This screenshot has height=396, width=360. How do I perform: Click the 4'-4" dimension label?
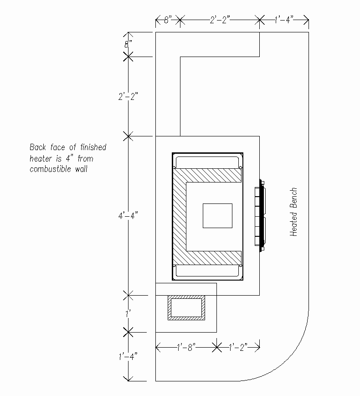128,215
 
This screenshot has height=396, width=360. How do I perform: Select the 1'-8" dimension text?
186,347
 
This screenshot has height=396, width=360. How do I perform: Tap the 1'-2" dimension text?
238,347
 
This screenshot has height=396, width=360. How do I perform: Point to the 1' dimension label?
128,314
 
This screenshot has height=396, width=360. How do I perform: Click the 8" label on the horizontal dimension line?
168,20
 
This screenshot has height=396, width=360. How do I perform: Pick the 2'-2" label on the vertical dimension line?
128,96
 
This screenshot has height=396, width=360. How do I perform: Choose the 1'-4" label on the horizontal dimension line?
284,20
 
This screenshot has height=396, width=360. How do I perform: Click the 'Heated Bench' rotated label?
293,212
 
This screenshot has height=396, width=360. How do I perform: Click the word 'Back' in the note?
37,147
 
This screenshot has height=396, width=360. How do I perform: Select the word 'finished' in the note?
93,147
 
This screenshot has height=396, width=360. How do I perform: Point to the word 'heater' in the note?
41,159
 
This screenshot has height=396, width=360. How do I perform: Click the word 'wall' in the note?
81,169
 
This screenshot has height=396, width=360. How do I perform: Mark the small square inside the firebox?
217,216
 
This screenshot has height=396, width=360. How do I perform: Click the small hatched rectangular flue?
186,307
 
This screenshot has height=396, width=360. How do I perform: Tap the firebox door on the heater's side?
260,215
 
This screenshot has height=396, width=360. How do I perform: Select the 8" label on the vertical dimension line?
128,44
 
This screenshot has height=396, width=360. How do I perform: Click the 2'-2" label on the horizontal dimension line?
220,20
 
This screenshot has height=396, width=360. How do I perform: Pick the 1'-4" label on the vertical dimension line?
128,357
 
